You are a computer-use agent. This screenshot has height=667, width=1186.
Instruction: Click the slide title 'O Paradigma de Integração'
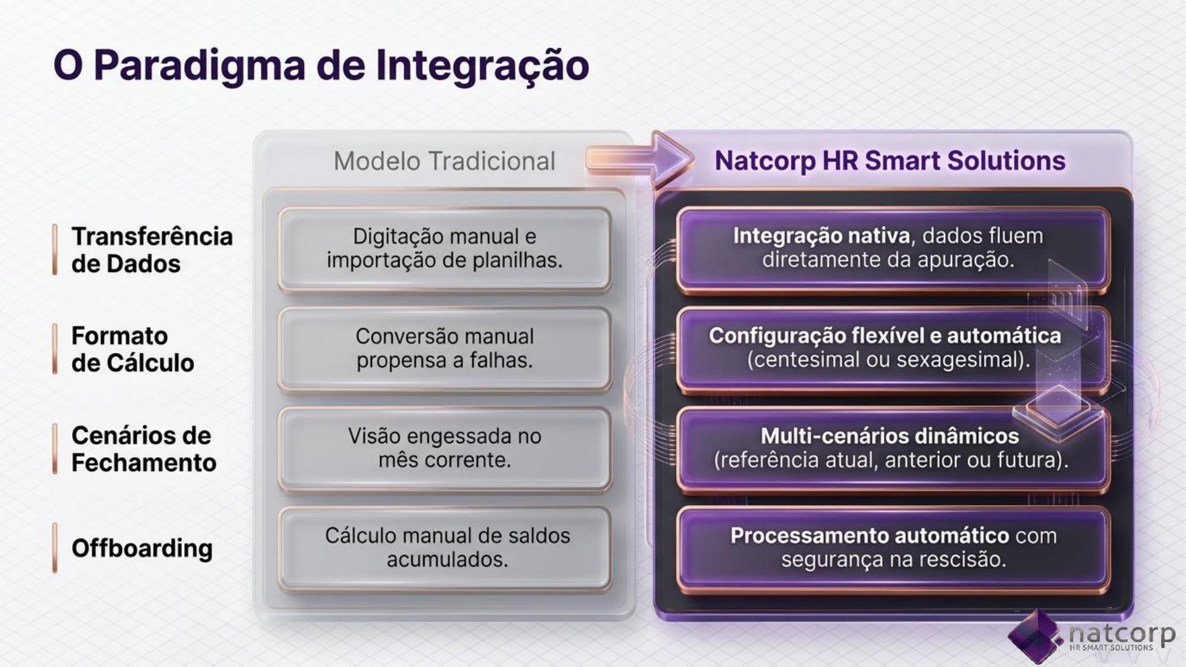pos(321,65)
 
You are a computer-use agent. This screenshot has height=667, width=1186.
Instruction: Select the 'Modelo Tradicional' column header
pos(444,161)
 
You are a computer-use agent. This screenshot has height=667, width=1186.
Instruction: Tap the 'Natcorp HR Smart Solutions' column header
pos(889,161)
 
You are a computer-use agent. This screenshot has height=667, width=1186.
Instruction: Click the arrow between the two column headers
pos(640,159)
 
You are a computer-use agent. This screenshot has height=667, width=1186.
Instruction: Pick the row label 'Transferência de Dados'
pos(152,250)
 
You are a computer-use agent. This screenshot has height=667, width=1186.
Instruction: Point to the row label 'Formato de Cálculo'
pos(132,349)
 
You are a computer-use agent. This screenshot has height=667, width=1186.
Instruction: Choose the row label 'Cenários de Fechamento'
pos(144,449)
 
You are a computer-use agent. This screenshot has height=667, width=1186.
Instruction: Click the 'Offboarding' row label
pos(142,548)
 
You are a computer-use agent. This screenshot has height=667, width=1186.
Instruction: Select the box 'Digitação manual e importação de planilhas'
pos(444,249)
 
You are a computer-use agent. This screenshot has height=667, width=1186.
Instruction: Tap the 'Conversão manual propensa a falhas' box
pos(444,349)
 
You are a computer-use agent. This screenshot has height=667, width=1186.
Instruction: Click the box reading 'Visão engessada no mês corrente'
pos(444,448)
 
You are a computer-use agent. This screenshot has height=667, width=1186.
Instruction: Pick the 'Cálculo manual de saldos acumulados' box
pos(444,548)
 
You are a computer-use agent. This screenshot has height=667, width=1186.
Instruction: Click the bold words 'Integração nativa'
pos(821,235)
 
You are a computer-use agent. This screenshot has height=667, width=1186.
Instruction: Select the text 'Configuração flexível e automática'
pos(885,335)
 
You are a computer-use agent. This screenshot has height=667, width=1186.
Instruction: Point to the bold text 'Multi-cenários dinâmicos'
pos(889,435)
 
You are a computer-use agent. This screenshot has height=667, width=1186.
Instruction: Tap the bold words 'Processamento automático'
pos(869,535)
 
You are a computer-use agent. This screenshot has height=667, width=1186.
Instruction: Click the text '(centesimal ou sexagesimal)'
pos(888,360)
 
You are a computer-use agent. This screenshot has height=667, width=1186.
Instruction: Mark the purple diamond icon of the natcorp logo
pos(1035,637)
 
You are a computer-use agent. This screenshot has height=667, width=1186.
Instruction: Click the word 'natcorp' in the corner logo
pos(1122,633)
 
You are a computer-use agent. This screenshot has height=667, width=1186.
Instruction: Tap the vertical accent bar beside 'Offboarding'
pos(55,548)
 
